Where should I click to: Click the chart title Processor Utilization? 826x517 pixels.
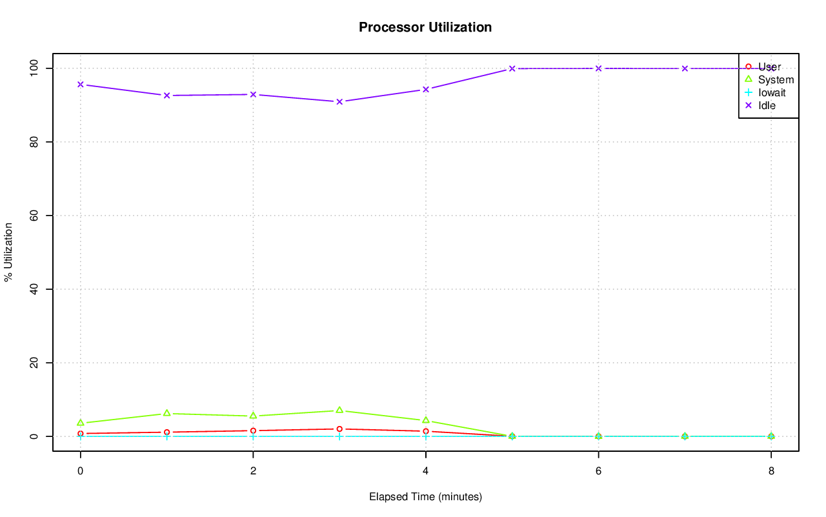tap(425, 28)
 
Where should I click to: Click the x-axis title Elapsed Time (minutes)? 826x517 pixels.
tap(425, 497)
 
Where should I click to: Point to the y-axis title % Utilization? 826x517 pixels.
tap(9, 252)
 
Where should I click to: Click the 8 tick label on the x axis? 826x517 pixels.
tap(771, 471)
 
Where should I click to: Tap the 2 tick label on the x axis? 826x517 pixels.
tap(253, 471)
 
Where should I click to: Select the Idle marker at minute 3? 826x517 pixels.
tap(339, 101)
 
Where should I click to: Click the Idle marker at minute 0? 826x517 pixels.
tap(80, 85)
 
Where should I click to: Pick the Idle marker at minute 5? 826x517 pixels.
tap(512, 68)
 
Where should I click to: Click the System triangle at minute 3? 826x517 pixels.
tap(339, 410)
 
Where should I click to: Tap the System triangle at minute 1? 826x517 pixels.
tap(166, 413)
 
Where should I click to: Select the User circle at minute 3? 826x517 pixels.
tap(339, 429)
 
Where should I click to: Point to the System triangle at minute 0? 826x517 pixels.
tap(80, 422)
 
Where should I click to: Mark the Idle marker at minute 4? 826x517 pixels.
tap(426, 89)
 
